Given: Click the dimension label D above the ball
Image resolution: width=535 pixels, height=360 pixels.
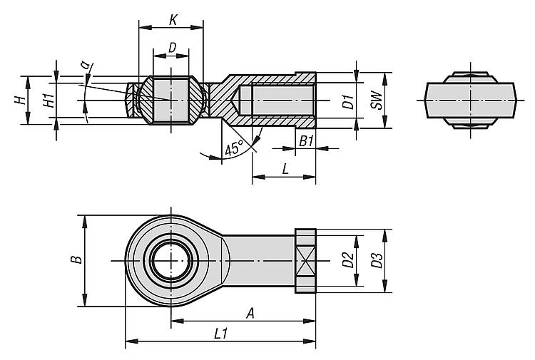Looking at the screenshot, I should coord(172,47).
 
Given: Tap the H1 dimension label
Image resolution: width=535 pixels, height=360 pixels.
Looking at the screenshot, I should coord(48,101).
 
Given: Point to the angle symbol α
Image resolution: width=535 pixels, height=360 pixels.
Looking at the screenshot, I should coord(86,66).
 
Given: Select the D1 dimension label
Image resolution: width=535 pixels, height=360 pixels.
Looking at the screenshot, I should coord(347,101).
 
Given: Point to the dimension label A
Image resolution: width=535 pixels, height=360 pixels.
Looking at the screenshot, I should coord(250,313).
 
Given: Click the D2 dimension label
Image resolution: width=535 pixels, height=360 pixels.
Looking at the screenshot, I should coord(347,260).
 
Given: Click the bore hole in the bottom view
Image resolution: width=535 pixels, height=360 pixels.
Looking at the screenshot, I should coord(172,260).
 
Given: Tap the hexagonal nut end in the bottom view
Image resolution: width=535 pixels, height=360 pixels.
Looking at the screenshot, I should coord(305,260).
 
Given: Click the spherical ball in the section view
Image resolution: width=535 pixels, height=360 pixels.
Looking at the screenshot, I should coord(171,100).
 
